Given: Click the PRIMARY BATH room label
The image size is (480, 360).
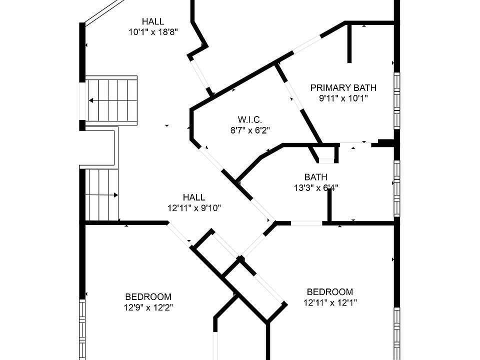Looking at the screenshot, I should click(x=343, y=88).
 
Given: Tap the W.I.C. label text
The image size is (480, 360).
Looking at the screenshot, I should click(x=250, y=120).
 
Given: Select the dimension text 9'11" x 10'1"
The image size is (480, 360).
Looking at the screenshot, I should click(x=343, y=98).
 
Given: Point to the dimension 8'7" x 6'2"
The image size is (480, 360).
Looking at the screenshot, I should click(x=250, y=130).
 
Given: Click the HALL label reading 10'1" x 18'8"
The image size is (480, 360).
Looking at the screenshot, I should click(x=153, y=21).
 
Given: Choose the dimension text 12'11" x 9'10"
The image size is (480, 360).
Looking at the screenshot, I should click(x=194, y=208).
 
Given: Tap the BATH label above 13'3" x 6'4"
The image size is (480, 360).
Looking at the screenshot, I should click(x=315, y=177).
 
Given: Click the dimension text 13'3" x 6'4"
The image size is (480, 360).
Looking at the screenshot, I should click(x=315, y=188).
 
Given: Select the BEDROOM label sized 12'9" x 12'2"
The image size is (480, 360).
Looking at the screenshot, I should click(x=148, y=296).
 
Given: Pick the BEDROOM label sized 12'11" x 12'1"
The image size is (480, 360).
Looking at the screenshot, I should click(x=329, y=292).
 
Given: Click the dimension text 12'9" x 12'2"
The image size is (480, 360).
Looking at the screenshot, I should click(x=148, y=307).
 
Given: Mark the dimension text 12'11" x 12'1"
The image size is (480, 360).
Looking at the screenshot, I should click(x=329, y=302).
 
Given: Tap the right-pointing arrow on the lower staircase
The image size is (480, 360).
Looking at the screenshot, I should click(x=115, y=195).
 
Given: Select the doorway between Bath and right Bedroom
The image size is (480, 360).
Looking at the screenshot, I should click(x=306, y=223).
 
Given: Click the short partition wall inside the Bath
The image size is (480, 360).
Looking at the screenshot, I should click(x=329, y=205).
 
